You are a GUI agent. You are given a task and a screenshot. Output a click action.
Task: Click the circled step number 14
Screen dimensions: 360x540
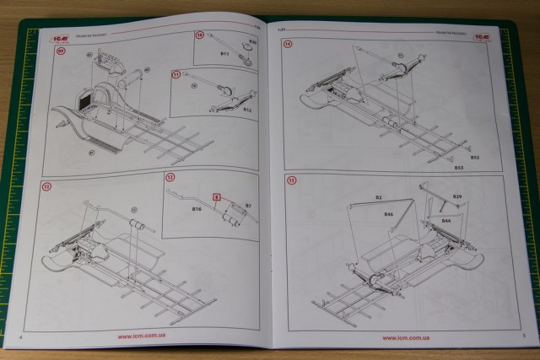pyautogui.click(x=288, y=44)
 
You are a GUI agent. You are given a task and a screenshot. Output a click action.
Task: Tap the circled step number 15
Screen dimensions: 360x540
pyautogui.click(x=292, y=180)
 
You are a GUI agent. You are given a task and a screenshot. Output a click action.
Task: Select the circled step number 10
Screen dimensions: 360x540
pyautogui.click(x=200, y=36)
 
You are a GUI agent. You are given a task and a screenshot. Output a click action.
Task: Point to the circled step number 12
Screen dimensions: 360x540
pyautogui.click(x=170, y=178)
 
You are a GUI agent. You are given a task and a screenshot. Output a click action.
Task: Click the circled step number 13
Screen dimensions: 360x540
pyautogui.click(x=46, y=185)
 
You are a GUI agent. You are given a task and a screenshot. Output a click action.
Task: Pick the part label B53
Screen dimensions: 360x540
pyautogui.click(x=460, y=168)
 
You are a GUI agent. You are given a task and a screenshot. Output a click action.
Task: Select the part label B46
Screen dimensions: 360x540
pyautogui.click(x=389, y=216)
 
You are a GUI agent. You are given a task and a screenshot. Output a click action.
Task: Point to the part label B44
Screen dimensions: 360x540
pyautogui.click(x=445, y=220)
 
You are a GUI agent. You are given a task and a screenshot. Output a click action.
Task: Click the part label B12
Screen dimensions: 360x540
pyautogui.click(x=247, y=110)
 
